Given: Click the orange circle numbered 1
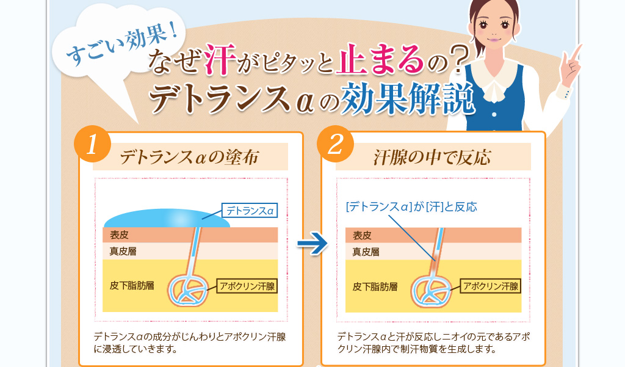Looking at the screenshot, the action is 93,144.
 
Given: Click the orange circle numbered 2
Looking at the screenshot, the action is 335,144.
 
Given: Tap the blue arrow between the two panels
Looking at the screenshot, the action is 312,243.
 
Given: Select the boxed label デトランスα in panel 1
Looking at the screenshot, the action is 250,211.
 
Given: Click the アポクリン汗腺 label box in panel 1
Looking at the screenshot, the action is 247,286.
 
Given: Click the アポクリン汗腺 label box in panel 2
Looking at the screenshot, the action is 491,286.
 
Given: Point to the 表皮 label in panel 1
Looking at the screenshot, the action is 119,235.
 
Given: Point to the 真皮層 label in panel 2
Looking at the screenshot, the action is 366,252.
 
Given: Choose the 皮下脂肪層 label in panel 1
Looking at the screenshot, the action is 132,286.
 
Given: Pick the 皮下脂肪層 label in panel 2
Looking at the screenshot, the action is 375,286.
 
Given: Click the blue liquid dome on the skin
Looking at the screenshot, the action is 167,219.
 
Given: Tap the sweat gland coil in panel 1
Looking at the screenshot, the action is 187,291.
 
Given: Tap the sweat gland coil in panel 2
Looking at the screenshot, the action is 431,291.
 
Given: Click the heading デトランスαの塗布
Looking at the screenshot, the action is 189,157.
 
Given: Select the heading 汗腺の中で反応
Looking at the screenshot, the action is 433,158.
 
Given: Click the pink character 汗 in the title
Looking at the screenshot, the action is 220,59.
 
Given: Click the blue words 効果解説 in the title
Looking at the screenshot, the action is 407,98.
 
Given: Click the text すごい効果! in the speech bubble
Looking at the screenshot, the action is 122,45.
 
